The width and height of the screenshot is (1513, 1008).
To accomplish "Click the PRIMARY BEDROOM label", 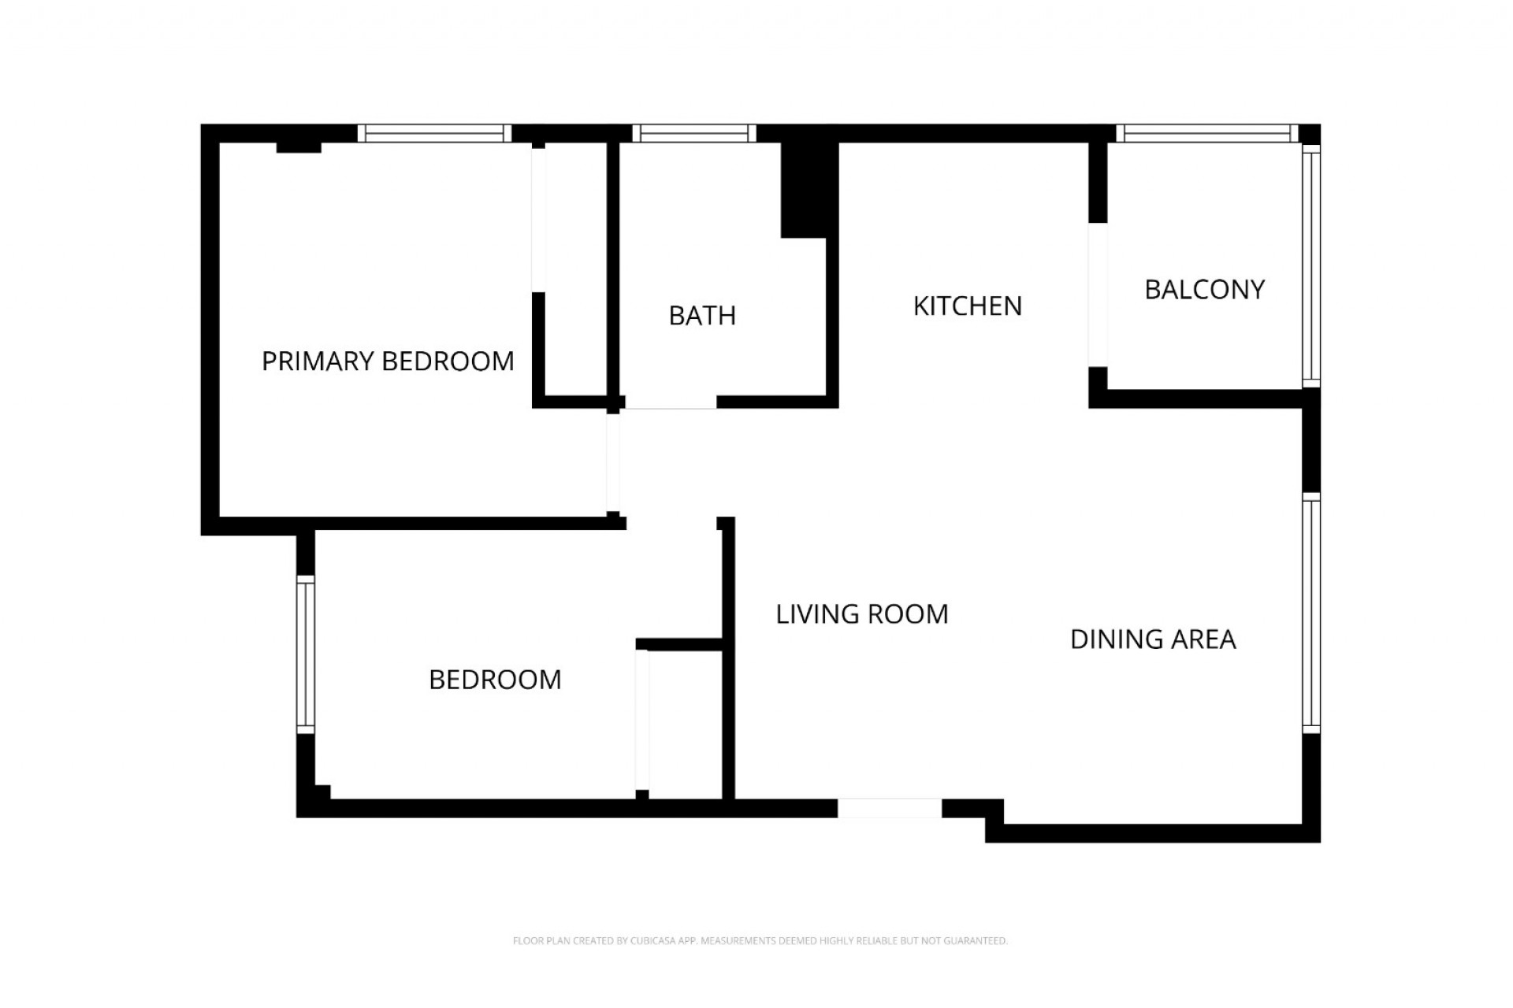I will pyautogui.click(x=387, y=361).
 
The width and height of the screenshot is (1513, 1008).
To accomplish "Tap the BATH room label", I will pyautogui.click(x=702, y=316).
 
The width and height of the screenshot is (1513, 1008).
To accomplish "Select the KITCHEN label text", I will pyautogui.click(x=967, y=306).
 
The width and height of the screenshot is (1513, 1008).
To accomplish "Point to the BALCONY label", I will pyautogui.click(x=1204, y=290).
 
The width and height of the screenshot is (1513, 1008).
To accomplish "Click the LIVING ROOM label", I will pyautogui.click(x=862, y=614).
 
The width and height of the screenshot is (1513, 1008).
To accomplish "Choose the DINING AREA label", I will pyautogui.click(x=1153, y=639).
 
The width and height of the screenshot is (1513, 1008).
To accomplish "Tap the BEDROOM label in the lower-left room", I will pyautogui.click(x=495, y=680).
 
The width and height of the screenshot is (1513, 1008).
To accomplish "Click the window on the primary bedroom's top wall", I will pyautogui.click(x=434, y=134).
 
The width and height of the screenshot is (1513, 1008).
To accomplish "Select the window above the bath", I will pyautogui.click(x=693, y=134).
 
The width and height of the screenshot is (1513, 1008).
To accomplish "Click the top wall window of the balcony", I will pyautogui.click(x=1206, y=134).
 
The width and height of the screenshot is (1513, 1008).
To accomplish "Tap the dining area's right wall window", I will pyautogui.click(x=1310, y=613).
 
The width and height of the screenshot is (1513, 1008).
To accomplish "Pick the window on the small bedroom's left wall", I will pyautogui.click(x=306, y=654).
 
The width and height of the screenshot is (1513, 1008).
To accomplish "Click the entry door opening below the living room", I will pyautogui.click(x=889, y=808).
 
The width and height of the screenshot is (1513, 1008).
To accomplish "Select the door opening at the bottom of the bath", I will pyautogui.click(x=671, y=402).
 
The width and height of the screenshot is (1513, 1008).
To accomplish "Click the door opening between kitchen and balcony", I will pyautogui.click(x=1098, y=295).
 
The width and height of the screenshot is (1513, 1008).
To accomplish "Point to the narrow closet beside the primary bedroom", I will pyautogui.click(x=575, y=268).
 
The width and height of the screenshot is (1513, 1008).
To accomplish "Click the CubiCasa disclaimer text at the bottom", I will pyautogui.click(x=760, y=940).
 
